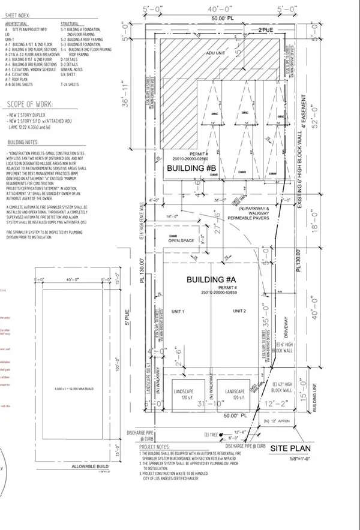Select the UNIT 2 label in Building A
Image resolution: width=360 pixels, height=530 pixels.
click(241, 311)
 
